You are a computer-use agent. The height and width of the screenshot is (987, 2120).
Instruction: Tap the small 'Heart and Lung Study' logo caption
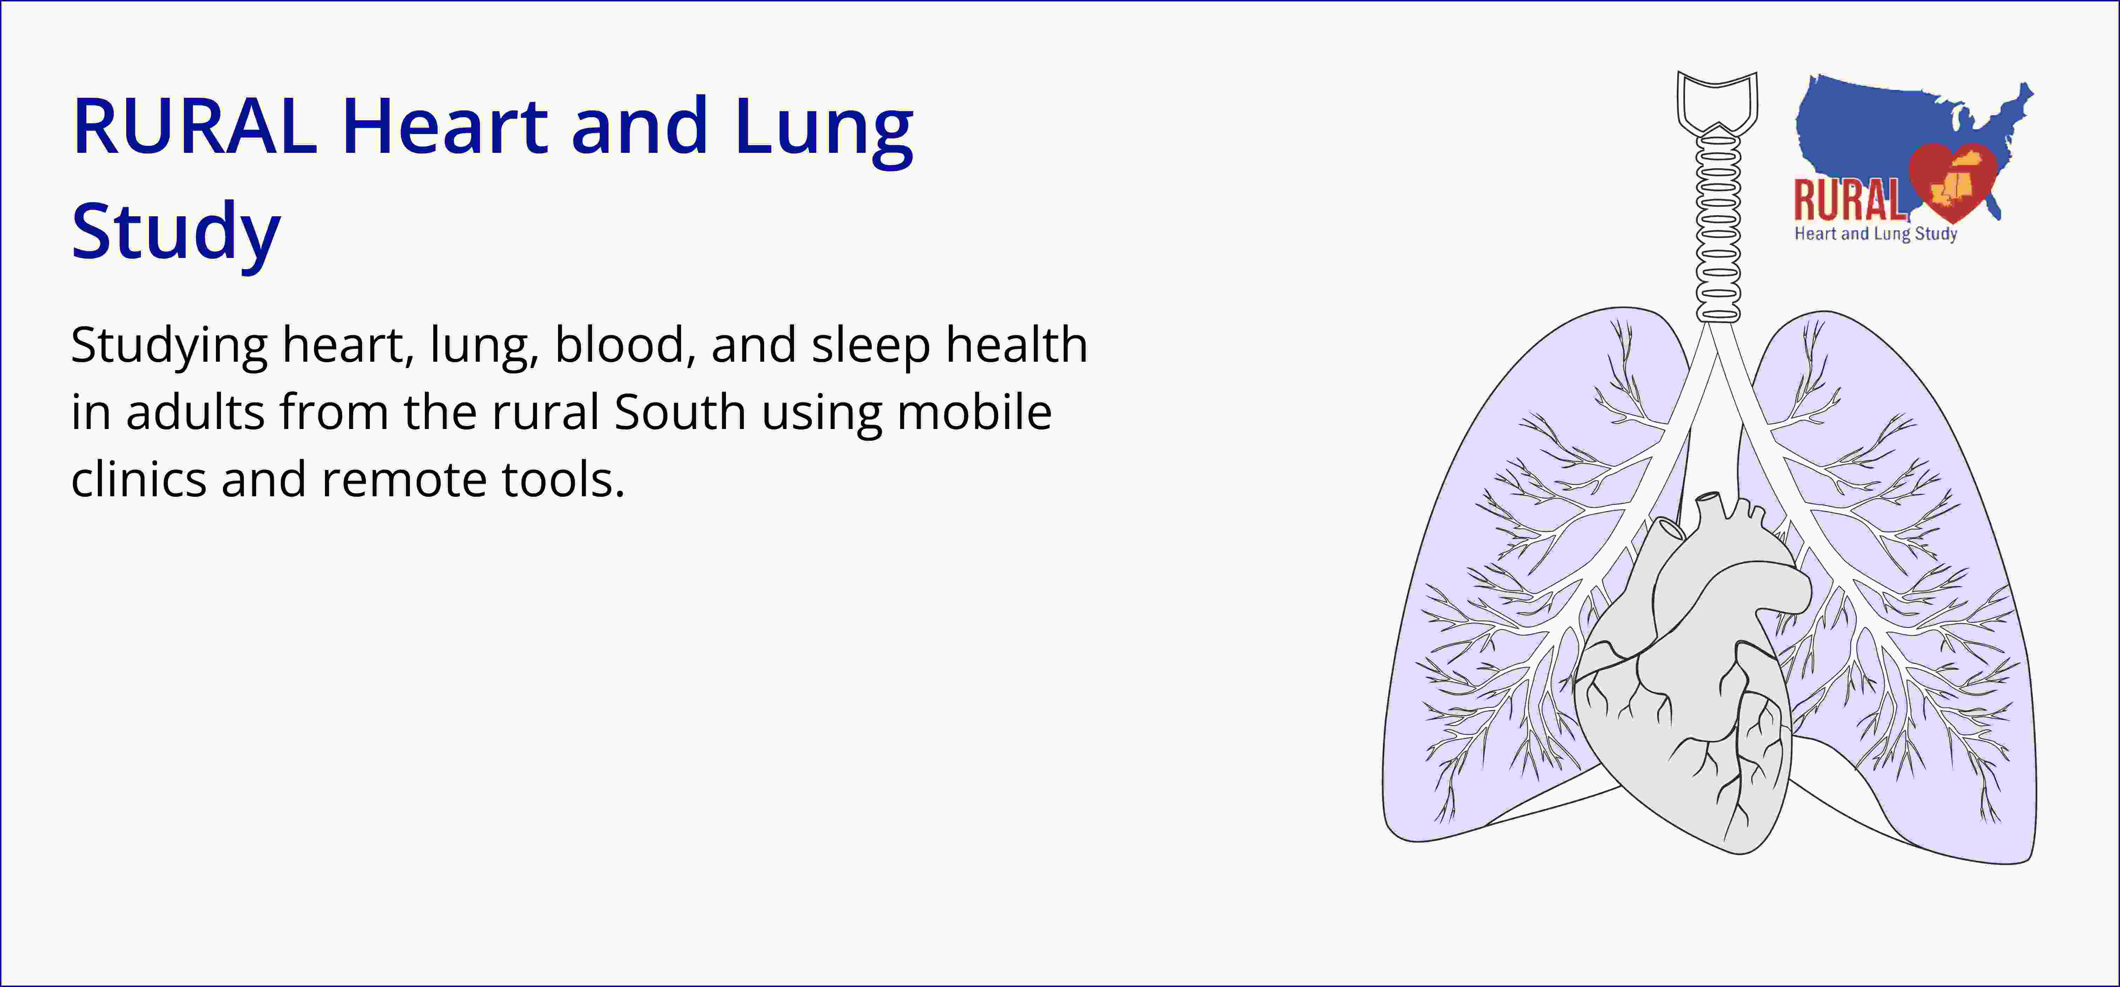pos(1876,234)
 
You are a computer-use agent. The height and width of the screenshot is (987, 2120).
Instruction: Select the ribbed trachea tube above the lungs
pos(1718,222)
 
